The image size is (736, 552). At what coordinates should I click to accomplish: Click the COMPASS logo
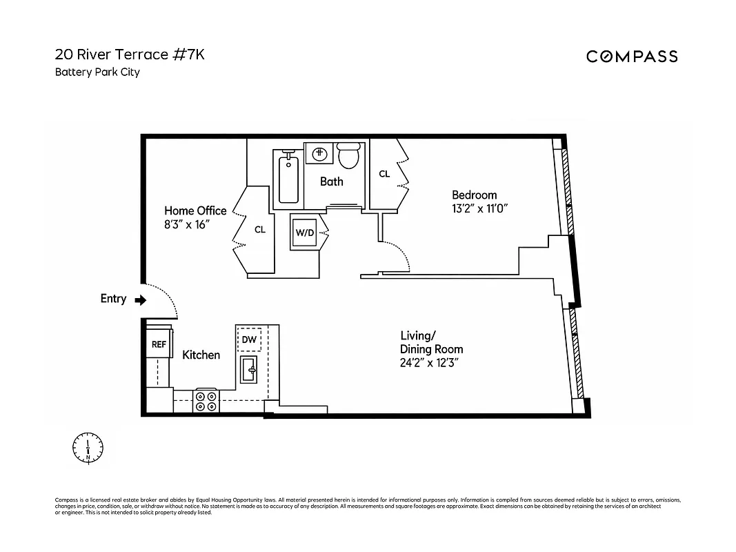[x=631, y=57]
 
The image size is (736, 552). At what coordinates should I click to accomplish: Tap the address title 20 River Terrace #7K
[x=130, y=55]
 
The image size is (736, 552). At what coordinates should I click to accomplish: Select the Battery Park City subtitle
[x=97, y=72]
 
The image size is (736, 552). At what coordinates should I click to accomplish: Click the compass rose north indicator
[x=88, y=448]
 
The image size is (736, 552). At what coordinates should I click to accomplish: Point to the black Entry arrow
[x=141, y=300]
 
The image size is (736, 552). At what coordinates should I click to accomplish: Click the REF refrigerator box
[x=159, y=344]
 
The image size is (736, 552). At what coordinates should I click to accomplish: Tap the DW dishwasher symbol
[x=249, y=339]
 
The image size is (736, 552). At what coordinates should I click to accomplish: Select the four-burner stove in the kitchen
[x=206, y=402]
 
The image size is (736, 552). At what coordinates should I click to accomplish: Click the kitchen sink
[x=249, y=371]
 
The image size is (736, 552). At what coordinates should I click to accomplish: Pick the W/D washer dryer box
[x=305, y=233]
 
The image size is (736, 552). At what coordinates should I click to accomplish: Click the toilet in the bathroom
[x=350, y=156]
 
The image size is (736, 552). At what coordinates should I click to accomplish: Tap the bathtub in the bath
[x=288, y=180]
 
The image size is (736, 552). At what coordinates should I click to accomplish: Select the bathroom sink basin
[x=319, y=153]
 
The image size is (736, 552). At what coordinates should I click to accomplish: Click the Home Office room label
[x=195, y=211]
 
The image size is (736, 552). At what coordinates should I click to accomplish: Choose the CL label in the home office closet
[x=260, y=230]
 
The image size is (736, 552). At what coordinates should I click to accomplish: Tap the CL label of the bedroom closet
[x=384, y=174]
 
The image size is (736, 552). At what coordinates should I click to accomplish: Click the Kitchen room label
[x=201, y=355]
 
